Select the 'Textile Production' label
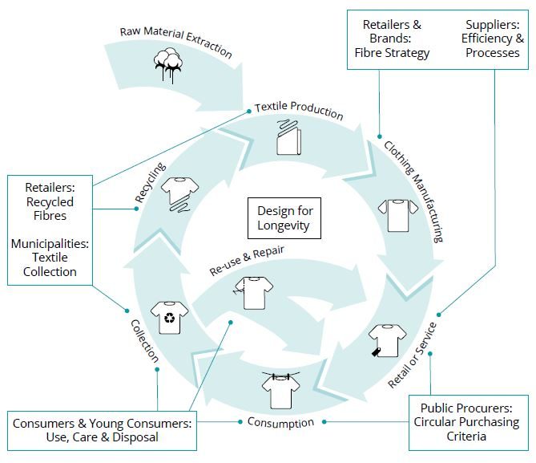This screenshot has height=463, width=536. pyautogui.click(x=299, y=111)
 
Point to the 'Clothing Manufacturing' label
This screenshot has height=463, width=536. pyautogui.click(x=413, y=192)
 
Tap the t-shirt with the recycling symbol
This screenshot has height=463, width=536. pyautogui.click(x=170, y=316)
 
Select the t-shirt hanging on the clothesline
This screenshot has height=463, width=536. pyautogui.click(x=280, y=390)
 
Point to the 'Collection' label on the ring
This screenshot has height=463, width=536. pyautogui.click(x=145, y=340)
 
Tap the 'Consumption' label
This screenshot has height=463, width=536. pyautogui.click(x=280, y=422)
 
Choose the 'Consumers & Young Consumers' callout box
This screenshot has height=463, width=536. pyautogui.click(x=102, y=429)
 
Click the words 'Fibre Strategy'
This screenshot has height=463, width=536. pyautogui.click(x=393, y=53)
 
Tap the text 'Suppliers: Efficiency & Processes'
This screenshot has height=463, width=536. pyautogui.click(x=493, y=38)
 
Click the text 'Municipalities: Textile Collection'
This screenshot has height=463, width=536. pyautogui.click(x=50, y=258)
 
